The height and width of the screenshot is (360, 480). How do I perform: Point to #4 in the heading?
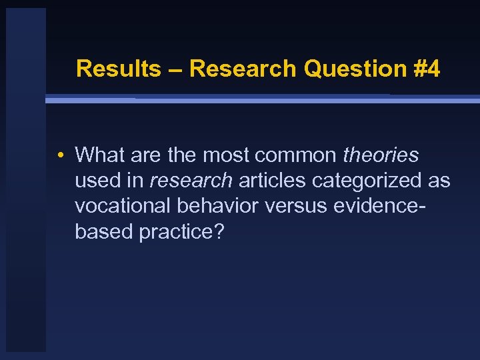click(x=424, y=69)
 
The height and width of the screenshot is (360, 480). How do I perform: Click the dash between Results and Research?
click(x=175, y=69)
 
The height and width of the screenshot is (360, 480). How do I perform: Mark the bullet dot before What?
click(x=60, y=156)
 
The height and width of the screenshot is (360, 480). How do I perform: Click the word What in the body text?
click(x=101, y=155)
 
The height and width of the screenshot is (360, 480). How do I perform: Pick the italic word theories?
click(x=381, y=155)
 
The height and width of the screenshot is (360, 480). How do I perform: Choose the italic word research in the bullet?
click(x=191, y=180)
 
